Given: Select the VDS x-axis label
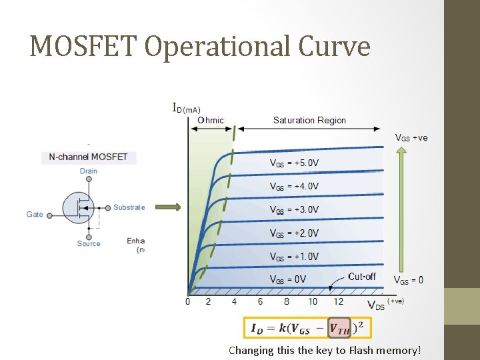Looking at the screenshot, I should coord(377,305).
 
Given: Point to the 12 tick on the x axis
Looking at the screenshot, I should coord(338,302).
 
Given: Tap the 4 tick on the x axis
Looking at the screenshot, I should coord(234,302).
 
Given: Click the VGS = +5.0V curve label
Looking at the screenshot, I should coord(294,163).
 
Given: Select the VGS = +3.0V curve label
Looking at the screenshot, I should coord(294,209).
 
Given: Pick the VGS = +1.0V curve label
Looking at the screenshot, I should coord(294,257).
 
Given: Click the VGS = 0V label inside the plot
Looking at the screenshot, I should coord(287,279).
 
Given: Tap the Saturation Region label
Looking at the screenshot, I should coord(309,121).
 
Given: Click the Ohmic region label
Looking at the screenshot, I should coord(211,121).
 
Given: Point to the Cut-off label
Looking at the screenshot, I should coord(362,277).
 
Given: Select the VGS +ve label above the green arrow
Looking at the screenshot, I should coord(411,138).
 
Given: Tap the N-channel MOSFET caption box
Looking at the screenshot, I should coord(89,158).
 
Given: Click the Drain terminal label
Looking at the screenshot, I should coord(89,171).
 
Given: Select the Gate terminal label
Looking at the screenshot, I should coord(35,215).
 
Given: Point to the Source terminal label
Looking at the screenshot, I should coord(89,244).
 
